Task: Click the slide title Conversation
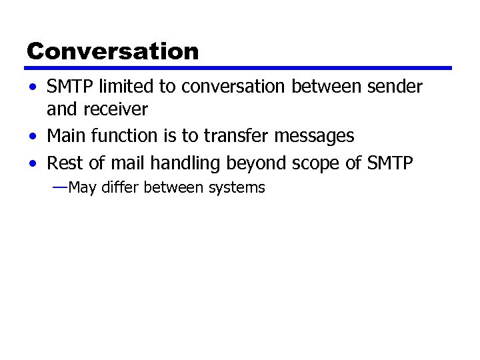tap(113, 51)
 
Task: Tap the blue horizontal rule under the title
tap(239, 68)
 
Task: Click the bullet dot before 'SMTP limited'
tap(33, 87)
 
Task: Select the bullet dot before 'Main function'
tap(33, 137)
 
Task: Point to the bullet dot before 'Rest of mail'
tap(33, 163)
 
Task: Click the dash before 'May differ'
tap(59, 187)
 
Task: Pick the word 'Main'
tap(65, 136)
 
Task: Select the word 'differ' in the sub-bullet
tap(119, 188)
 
